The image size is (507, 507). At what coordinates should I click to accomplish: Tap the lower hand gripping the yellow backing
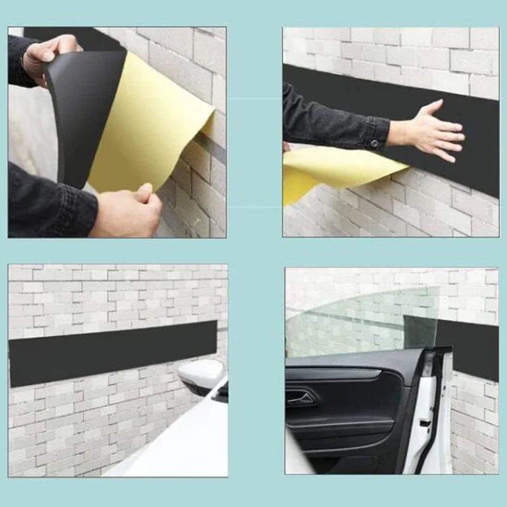click(127, 212)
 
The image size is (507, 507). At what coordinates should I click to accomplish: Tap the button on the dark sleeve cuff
click(375, 144)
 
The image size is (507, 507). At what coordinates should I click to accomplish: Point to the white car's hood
click(177, 444)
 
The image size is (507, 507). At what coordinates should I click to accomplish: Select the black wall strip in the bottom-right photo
click(472, 349)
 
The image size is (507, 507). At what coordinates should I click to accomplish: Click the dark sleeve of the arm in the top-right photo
click(330, 124)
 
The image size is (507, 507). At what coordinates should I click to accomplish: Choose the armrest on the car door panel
click(342, 423)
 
